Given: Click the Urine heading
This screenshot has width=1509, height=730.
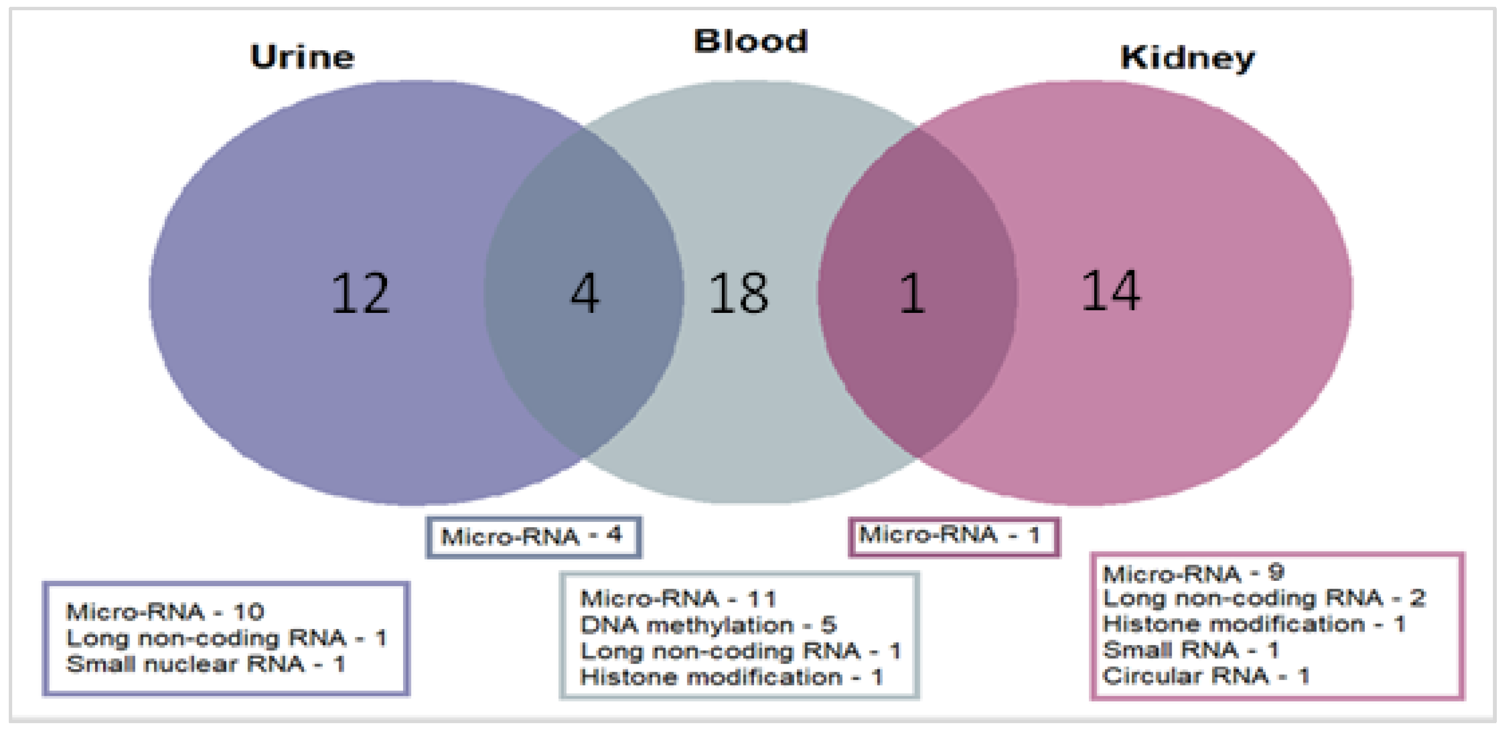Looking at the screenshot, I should click(302, 58).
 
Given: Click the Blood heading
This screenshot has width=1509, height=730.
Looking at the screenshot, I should click(751, 41).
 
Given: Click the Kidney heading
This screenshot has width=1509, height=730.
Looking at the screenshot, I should click(1187, 58).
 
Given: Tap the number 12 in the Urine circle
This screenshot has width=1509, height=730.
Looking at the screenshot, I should click(360, 293).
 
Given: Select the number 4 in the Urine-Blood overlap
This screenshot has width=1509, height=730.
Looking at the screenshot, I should click(584, 293).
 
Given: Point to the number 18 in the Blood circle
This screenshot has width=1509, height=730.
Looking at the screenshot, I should click(738, 293).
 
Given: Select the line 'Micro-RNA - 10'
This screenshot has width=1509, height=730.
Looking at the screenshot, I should click(165, 612).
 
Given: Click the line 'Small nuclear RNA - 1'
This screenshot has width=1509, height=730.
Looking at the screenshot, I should click(205, 664).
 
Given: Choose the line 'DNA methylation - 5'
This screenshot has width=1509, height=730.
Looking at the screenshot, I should click(708, 625).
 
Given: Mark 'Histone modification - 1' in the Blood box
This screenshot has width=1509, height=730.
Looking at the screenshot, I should click(731, 677).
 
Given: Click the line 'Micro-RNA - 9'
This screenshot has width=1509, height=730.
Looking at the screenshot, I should click(1193, 573).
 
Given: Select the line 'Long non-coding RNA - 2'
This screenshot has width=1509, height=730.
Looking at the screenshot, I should click(1263, 598).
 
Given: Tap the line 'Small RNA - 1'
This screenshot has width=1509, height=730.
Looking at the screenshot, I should click(1190, 650).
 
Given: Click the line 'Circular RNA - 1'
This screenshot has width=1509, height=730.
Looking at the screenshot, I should click(1205, 675).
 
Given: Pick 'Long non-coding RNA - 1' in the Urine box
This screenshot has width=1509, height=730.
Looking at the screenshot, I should click(226, 638).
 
